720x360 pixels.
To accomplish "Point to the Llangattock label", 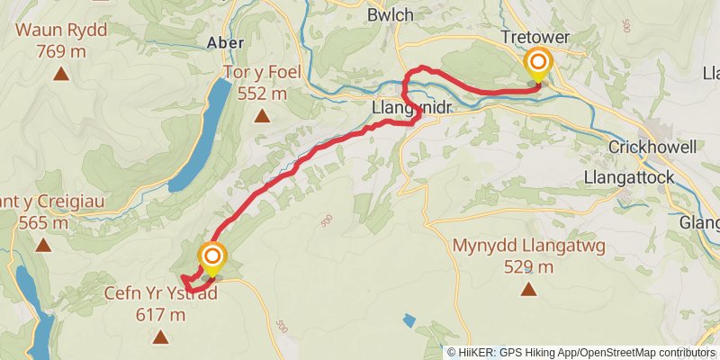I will tap(629, 177).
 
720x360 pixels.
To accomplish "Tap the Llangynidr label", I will tap(410, 108).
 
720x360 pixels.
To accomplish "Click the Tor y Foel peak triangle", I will tap(262, 115).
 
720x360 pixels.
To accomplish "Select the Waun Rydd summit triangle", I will tap(60, 74).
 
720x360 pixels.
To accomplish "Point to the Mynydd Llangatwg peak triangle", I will tap(528, 290).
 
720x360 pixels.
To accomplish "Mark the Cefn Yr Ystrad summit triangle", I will tap(161, 337).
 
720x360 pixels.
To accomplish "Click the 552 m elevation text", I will tap(262, 93).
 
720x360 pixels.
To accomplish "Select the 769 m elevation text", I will tap(60, 51).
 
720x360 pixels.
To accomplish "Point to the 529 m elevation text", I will tap(528, 267).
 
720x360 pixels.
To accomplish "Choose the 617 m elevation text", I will tap(161, 315).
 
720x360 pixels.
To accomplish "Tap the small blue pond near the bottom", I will tap(409, 319).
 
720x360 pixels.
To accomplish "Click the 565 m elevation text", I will tap(36, 224).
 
